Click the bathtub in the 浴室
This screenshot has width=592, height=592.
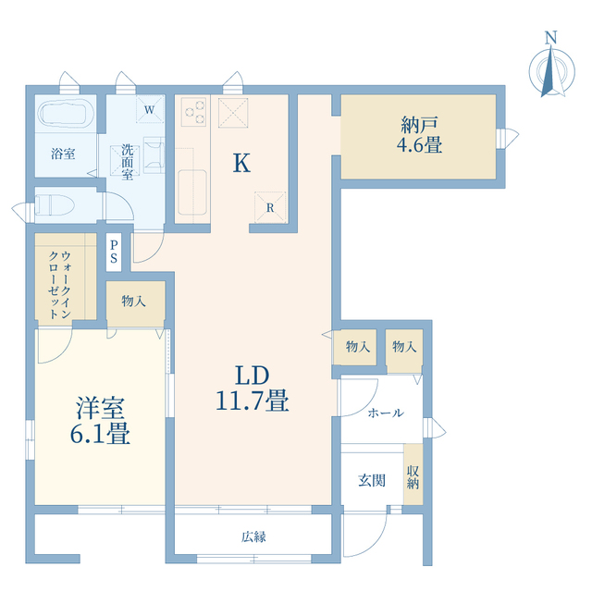point(66,113)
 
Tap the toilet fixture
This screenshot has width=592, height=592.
point(55,204)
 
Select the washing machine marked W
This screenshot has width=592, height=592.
point(150,109)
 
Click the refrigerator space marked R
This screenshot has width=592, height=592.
point(270,207)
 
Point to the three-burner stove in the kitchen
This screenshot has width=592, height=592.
point(193,112)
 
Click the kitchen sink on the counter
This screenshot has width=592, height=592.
point(192,192)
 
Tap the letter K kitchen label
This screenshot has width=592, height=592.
point(241,163)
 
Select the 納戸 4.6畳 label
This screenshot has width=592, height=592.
point(419,135)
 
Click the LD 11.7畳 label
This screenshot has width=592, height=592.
point(253,388)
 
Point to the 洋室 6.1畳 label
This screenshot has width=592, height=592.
point(100,421)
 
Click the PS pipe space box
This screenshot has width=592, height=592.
point(114,253)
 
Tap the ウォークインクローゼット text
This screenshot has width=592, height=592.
point(59,285)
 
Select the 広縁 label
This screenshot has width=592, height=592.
point(253,536)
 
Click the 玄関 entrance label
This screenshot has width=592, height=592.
point(372,481)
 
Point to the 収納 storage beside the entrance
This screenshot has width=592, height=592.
point(413,475)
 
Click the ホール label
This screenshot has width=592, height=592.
point(386,413)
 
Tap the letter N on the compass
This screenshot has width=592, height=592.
point(551,37)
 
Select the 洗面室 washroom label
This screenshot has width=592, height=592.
point(128,162)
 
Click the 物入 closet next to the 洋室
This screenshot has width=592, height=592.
point(135,304)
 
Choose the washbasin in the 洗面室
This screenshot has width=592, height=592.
point(154,155)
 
